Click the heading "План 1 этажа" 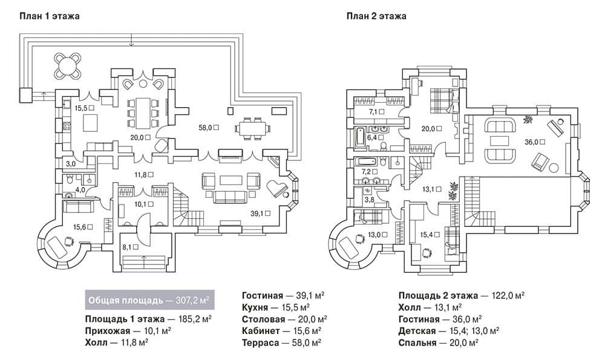coord(49,16)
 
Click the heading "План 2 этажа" coord(376,16)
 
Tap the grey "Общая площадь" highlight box coord(149,300)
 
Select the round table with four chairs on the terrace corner coord(68,65)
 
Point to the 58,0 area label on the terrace coord(209,128)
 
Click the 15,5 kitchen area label coord(84,108)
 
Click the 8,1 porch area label coord(130,247)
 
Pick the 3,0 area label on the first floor coord(71,164)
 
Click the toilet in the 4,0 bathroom coord(70,179)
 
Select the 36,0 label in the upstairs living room coord(535,142)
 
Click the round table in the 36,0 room coord(554,168)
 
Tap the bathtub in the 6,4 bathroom coord(359,137)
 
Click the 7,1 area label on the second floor coord(376,112)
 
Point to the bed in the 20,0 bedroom coord(443,100)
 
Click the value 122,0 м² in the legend coord(508,295)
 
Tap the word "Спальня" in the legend coord(417,342)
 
